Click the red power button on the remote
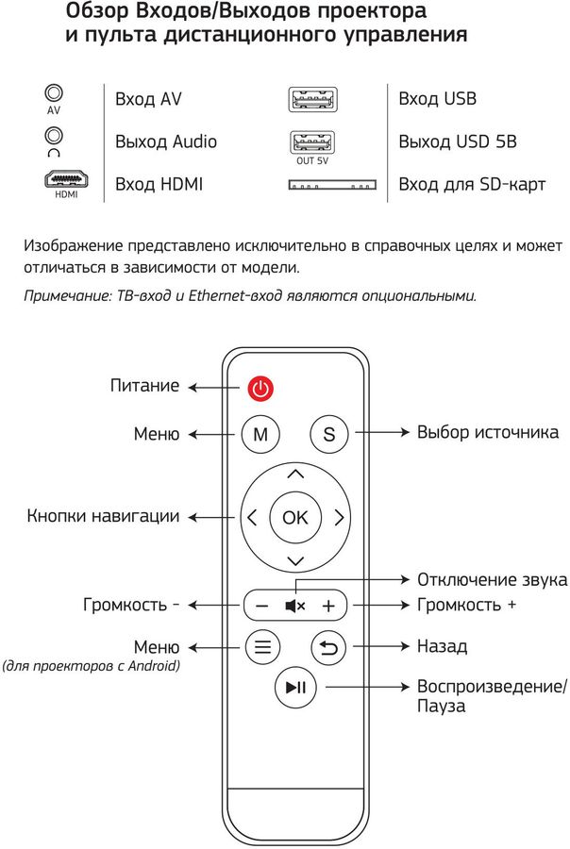click(x=260, y=388)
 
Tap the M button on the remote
click(x=261, y=434)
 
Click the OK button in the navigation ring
click(x=295, y=517)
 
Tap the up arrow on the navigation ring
click(x=295, y=474)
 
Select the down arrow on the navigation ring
click(x=295, y=560)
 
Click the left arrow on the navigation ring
click(x=252, y=517)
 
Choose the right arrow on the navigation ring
click(x=339, y=517)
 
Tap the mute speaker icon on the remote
click(x=294, y=605)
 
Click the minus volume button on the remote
click(x=262, y=605)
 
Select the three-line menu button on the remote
click(x=262, y=647)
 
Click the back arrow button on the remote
click(x=329, y=647)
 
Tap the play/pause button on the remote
click(x=295, y=689)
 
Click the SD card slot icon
click(x=331, y=184)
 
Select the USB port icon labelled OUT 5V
click(x=312, y=142)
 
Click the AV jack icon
click(x=54, y=93)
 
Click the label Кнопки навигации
click(x=103, y=517)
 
